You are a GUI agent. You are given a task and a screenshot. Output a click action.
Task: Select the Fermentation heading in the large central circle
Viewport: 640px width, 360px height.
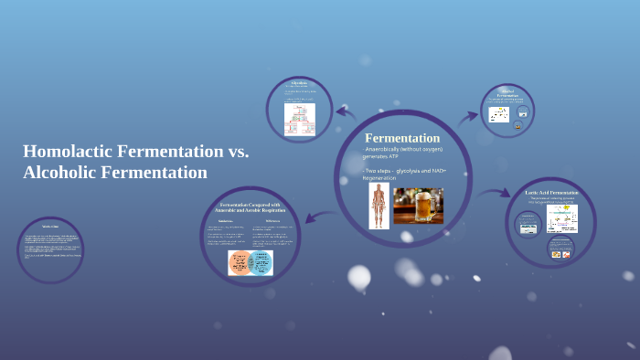(402, 137)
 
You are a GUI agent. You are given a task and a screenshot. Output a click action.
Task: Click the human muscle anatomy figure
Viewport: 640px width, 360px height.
(379, 205)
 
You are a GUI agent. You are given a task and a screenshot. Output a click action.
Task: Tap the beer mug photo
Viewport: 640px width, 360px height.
(418, 206)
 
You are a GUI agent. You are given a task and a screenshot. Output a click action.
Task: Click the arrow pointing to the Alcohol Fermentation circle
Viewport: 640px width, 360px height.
(467, 117)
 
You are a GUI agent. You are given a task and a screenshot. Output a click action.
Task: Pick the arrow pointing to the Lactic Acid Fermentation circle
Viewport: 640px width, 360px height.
(494, 194)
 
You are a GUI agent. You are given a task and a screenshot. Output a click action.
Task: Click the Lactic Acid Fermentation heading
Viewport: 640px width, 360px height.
(551, 193)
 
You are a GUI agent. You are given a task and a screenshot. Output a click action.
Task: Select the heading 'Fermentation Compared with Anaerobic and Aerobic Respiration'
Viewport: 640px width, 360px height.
(251, 206)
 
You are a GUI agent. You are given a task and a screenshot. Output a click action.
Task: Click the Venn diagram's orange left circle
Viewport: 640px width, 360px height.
(241, 261)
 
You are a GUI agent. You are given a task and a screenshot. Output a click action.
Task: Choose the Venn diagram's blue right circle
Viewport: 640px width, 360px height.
(261, 261)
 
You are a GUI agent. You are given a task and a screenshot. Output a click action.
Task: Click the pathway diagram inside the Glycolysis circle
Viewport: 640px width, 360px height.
(299, 119)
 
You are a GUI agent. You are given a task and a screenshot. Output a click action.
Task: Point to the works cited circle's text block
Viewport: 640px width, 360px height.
(51, 249)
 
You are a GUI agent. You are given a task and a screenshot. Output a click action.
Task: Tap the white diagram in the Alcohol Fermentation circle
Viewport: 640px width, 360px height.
(499, 115)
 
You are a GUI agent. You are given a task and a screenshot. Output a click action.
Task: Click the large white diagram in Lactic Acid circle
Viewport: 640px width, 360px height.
(561, 218)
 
